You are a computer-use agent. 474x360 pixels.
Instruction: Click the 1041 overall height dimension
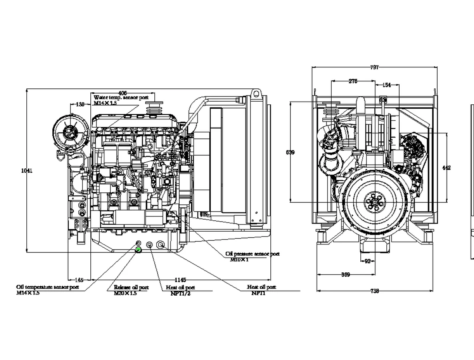pos(27,170)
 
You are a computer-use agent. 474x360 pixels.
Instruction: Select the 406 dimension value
pos(123,93)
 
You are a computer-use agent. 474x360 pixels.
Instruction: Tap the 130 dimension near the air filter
pos(80,104)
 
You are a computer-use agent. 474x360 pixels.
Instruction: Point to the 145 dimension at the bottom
pos(79,280)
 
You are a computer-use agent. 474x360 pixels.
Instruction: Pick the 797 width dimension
pos(374,68)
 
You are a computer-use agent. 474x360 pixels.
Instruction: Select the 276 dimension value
pos(353,81)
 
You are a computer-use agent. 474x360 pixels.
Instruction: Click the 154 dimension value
pos(387,85)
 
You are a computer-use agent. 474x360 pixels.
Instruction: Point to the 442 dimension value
pos(446,168)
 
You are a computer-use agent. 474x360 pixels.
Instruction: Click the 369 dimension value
pos(346,274)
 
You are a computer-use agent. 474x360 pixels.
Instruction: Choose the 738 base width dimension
pos(374,291)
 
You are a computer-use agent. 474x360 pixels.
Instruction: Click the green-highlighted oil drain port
pos(139,250)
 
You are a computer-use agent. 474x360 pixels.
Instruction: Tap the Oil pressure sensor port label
pos(252,254)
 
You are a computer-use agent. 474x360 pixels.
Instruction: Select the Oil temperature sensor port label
pos(48,287)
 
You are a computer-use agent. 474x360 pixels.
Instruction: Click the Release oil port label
pos(131,287)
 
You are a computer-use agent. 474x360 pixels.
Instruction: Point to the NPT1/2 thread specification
pos(180,293)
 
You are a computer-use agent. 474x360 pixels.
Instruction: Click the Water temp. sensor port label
pos(121,98)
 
